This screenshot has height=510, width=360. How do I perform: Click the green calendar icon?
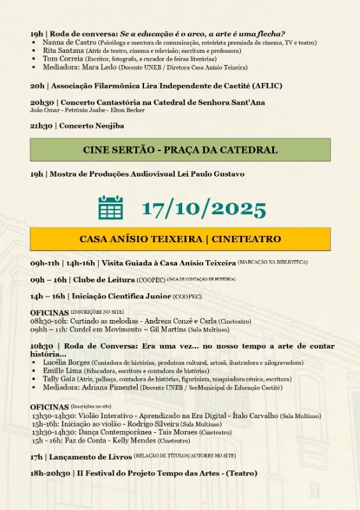pyautogui.click(x=111, y=207)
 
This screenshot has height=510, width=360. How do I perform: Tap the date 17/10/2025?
pyautogui.click(x=204, y=208)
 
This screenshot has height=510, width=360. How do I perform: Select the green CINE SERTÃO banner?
pyautogui.click(x=180, y=150)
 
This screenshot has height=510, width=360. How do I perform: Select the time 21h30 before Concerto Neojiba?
pyautogui.click(x=41, y=126)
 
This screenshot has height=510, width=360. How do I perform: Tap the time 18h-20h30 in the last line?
pyautogui.click(x=50, y=474)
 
